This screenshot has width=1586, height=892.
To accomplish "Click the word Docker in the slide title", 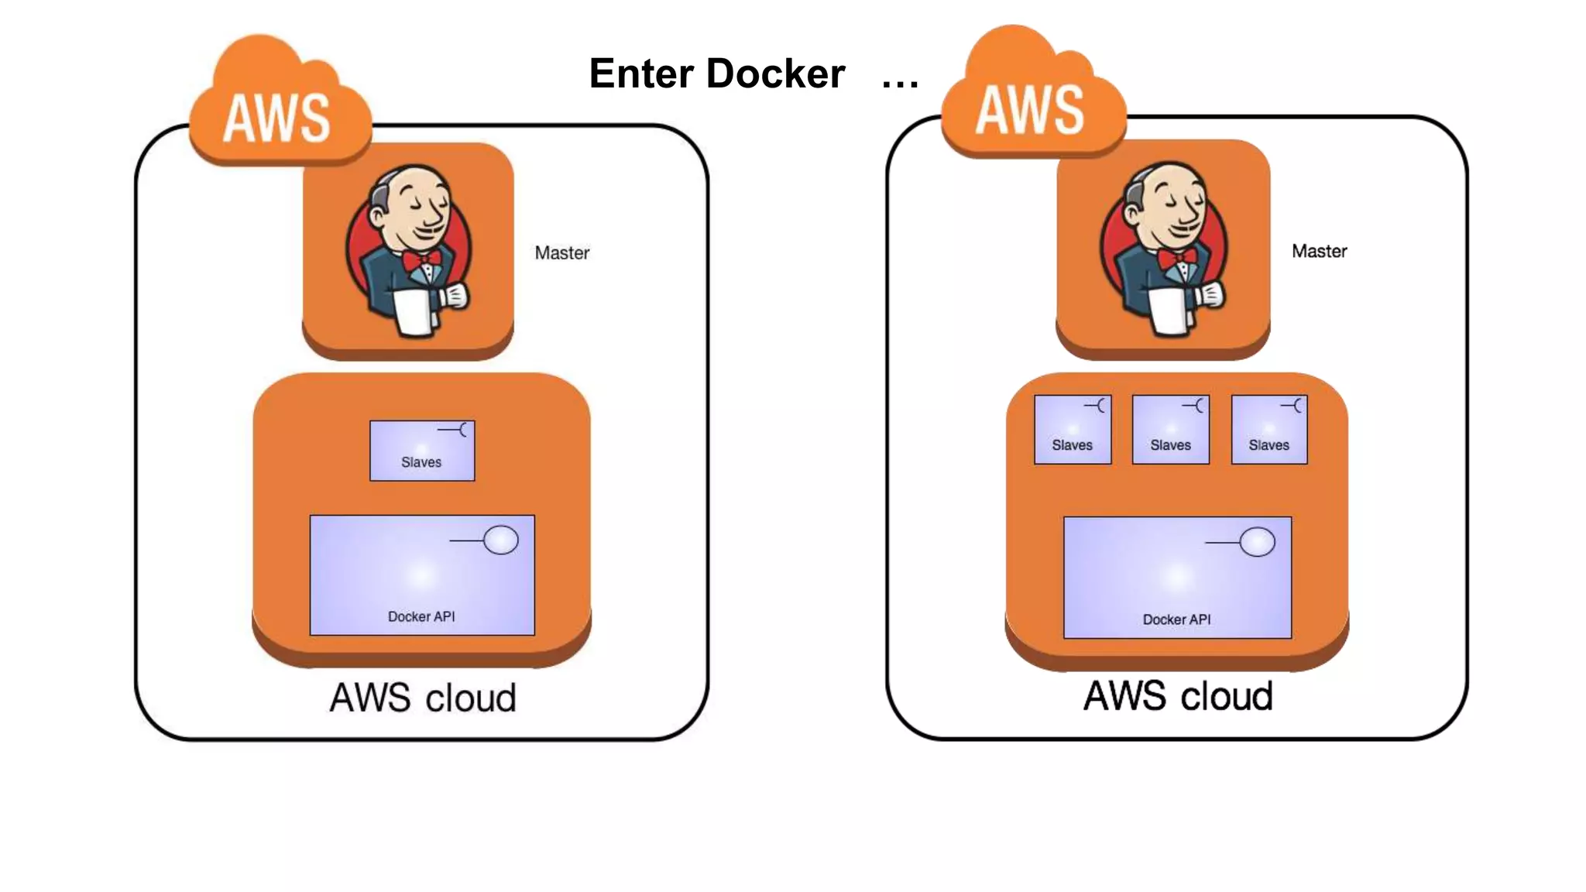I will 775,74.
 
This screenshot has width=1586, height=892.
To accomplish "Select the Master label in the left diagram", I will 561,253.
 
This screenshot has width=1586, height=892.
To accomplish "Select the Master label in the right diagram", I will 1319,252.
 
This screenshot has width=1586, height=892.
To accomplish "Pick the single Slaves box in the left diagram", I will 422,451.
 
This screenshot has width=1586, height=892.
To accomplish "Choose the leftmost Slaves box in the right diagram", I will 1073,430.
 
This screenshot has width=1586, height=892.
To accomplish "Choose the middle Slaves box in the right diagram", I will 1170,430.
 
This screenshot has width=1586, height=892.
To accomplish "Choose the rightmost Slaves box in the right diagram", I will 1268,430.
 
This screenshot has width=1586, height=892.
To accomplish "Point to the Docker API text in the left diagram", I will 421,617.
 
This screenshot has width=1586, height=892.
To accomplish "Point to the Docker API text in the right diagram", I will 1176,619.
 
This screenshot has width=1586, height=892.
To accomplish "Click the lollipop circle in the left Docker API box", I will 501,540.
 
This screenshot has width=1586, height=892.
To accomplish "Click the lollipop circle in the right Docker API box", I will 1257,542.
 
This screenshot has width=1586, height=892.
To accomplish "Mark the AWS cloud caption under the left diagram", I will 423,698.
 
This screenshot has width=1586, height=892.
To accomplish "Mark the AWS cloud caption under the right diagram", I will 1177,696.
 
